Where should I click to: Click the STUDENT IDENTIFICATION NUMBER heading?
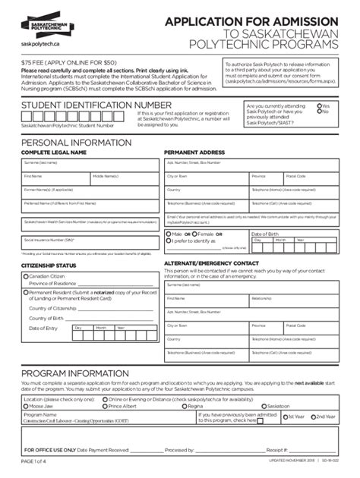(96, 105)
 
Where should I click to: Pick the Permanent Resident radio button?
(25, 292)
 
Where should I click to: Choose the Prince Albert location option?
(105, 406)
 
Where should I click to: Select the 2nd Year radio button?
(313, 417)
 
